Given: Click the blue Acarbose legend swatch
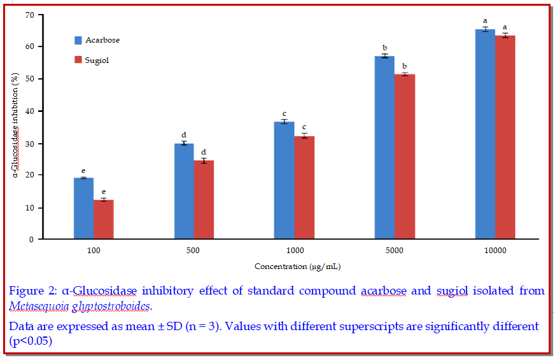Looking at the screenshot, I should click(x=78, y=40).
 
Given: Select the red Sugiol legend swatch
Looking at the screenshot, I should click(x=78, y=60).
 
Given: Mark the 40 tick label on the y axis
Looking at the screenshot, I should click(x=29, y=111).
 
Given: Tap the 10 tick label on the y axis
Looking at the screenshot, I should click(x=29, y=208).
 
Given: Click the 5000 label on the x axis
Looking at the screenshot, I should click(x=394, y=251).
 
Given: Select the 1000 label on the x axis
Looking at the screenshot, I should click(x=294, y=251).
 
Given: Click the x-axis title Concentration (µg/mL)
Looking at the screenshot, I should click(x=293, y=266).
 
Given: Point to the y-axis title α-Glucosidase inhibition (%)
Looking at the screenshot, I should click(x=15, y=127).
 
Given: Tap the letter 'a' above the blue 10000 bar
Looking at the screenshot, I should click(x=485, y=21).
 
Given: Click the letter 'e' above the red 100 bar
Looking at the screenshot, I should click(x=103, y=191).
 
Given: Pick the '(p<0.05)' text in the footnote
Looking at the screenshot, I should click(x=30, y=340).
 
